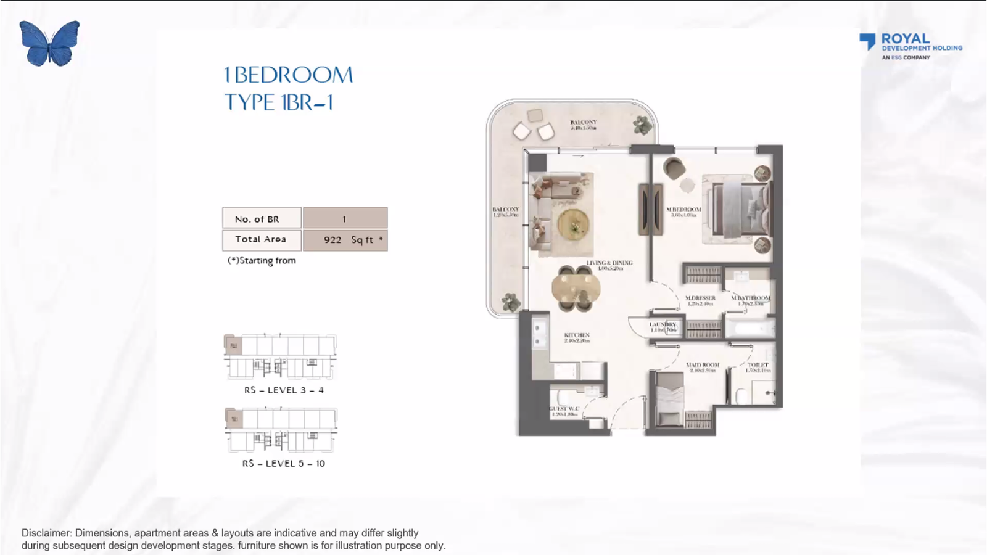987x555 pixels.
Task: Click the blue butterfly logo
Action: tap(49, 43)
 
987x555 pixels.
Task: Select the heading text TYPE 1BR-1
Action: tap(279, 102)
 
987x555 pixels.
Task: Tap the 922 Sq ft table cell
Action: tap(345, 240)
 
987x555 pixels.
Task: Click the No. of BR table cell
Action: tap(262, 218)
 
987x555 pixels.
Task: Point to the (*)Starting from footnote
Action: tap(262, 260)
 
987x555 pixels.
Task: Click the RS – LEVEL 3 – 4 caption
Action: tap(284, 390)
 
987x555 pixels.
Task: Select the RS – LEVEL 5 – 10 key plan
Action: tap(281, 430)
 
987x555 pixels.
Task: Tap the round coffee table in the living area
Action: tap(574, 224)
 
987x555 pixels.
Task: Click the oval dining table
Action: tap(576, 288)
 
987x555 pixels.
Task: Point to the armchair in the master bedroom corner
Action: tap(674, 168)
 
